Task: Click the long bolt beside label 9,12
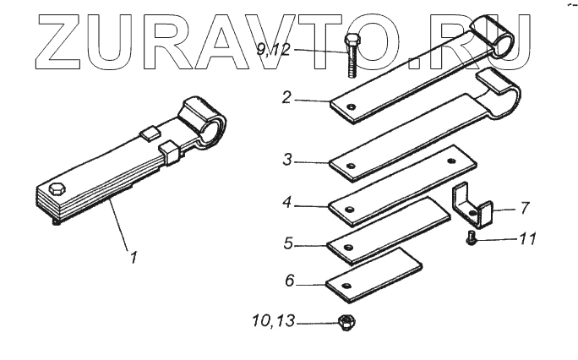(350, 56)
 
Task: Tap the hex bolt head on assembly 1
(57, 188)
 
